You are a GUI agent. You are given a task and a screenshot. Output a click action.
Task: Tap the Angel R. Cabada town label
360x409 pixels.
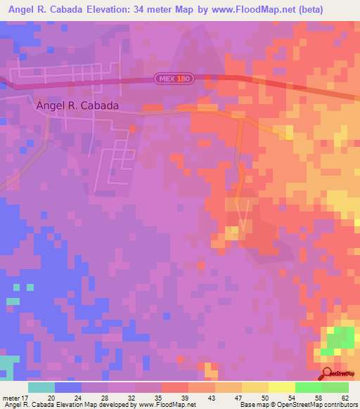click(x=77, y=105)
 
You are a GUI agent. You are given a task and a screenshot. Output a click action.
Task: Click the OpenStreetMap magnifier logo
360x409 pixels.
click(x=328, y=373)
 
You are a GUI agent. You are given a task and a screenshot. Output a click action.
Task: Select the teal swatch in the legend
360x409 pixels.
click(x=41, y=387)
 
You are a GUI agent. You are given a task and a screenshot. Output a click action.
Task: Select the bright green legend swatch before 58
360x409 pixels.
click(x=308, y=387)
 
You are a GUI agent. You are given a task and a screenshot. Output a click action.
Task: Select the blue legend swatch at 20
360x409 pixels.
click(x=68, y=387)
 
